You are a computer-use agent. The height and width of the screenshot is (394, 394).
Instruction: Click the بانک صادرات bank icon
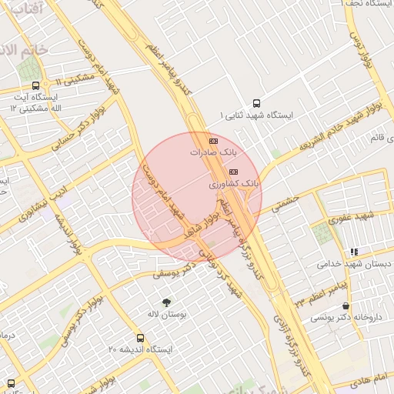[213, 142]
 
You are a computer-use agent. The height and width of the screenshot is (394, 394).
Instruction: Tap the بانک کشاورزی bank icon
[234, 172]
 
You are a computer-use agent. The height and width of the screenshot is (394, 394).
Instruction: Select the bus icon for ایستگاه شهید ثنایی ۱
[256, 102]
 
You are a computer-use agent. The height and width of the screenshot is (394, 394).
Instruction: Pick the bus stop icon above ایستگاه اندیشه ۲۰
[140, 338]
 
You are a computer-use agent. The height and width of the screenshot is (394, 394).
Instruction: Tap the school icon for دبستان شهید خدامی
[354, 251]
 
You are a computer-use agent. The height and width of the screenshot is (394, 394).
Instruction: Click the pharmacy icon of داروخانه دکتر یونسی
[346, 306]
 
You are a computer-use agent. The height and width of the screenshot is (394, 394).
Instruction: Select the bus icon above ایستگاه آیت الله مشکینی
[36, 85]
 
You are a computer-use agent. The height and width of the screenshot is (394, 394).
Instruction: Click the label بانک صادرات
[212, 153]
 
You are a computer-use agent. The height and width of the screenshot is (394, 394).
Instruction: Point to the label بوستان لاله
[164, 314]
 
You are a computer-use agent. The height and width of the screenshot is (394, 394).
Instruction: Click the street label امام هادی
[367, 379]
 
